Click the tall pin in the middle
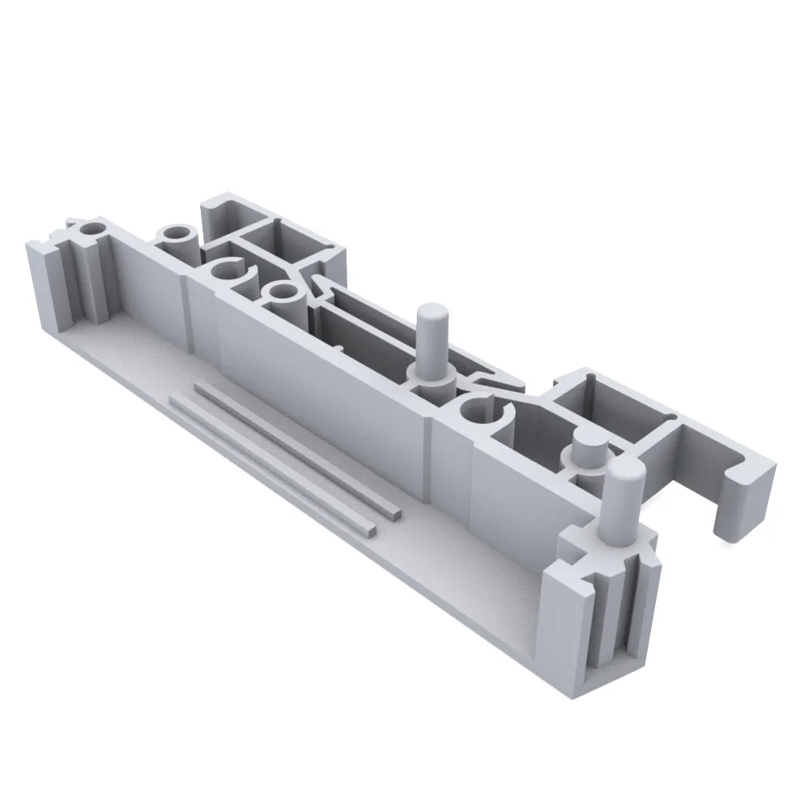click(x=430, y=340)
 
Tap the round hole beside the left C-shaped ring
click(x=281, y=293)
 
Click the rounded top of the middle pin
click(x=432, y=311)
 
